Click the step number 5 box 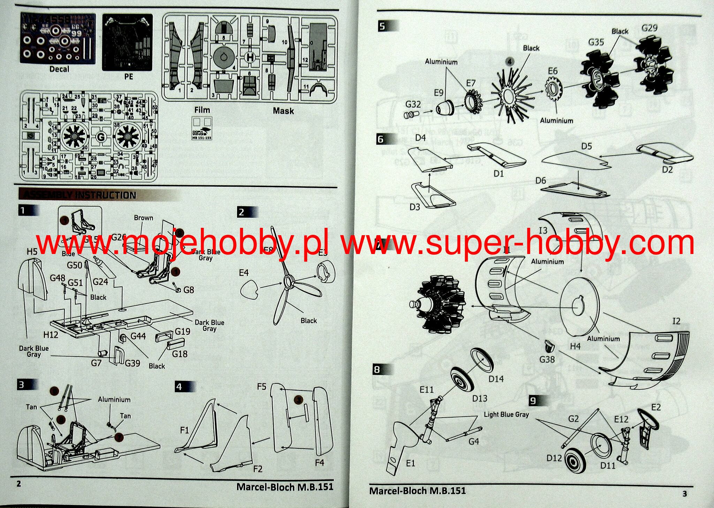382,26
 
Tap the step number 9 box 533,401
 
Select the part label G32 413,104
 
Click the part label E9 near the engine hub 439,93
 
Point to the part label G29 650,28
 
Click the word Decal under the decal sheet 59,69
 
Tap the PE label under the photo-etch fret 129,76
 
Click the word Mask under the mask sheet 283,111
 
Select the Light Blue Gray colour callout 506,414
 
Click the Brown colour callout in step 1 143,218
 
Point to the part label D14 496,379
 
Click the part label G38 547,359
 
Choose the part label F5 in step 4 261,387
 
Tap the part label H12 51,335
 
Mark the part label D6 541,180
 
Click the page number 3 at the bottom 684,494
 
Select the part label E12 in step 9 621,419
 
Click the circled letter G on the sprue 101,137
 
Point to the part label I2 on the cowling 676,321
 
